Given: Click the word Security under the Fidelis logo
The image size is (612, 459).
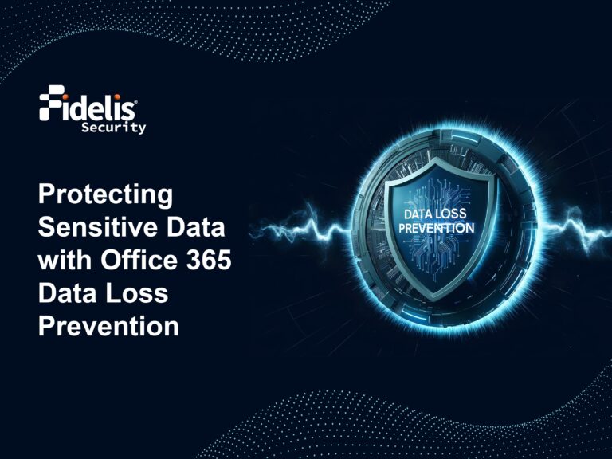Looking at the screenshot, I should [x=113, y=127].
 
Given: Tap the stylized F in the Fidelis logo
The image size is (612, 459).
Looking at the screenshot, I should [x=50, y=104].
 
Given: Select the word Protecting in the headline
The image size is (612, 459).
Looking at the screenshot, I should [x=106, y=194].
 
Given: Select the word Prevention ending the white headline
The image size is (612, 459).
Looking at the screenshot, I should [x=108, y=326].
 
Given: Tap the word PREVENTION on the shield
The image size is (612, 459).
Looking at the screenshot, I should [x=435, y=228].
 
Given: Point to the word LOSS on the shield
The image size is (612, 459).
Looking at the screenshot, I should [x=454, y=215].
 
